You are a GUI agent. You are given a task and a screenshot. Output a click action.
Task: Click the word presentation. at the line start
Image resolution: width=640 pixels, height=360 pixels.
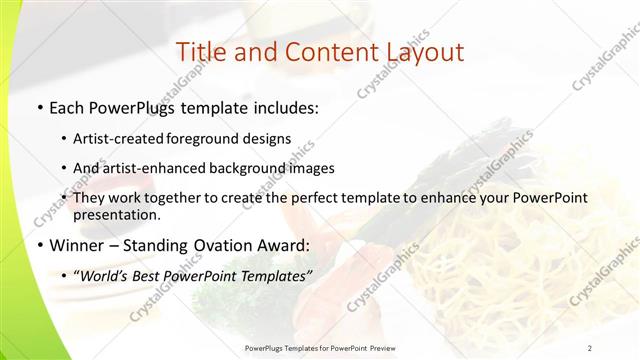[117, 214]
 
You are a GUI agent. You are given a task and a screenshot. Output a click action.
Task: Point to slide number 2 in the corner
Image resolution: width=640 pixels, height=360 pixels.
[590, 348]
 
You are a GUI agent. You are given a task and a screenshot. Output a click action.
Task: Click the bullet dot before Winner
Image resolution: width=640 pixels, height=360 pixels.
[39, 245]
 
